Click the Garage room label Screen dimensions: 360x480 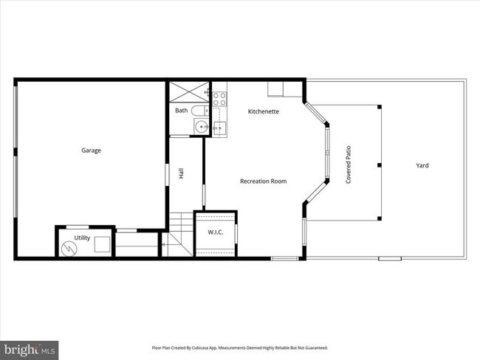(91, 150)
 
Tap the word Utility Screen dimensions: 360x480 (81, 238)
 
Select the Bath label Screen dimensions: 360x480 (181, 111)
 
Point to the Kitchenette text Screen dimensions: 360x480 (263, 111)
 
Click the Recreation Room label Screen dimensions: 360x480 (263, 181)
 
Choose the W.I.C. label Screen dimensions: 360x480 (215, 232)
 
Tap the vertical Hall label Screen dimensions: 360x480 (181, 173)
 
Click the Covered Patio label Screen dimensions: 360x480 (349, 165)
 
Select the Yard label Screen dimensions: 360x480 (422, 165)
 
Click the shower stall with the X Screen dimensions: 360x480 (190, 92)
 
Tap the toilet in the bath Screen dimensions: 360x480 (199, 111)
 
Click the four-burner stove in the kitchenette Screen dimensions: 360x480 (219, 97)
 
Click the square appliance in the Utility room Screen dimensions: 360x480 (101, 243)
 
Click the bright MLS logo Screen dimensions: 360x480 (30, 349)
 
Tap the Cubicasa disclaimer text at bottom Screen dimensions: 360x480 (239, 347)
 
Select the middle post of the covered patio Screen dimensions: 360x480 (379, 164)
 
